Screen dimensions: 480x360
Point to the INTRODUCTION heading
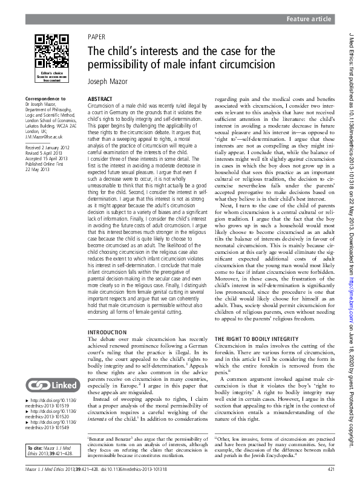[x=107, y=332]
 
